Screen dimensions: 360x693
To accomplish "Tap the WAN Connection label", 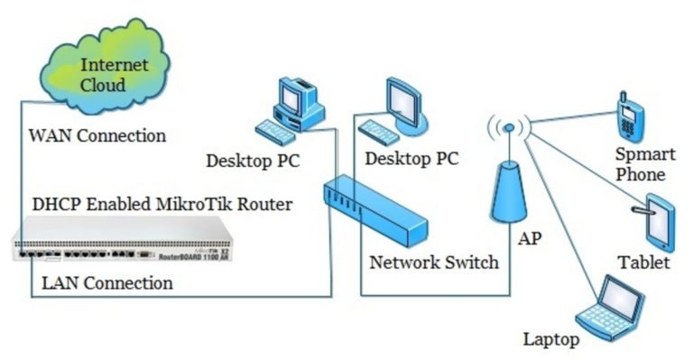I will click(x=97, y=136).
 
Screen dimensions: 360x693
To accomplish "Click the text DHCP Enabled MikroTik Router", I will click(x=162, y=205).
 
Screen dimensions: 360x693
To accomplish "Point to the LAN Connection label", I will click(x=107, y=283).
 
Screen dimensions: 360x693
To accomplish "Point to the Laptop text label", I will click(x=550, y=340).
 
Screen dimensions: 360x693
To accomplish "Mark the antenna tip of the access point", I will click(x=508, y=128).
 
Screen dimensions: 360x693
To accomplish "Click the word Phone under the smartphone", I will click(x=642, y=174).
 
